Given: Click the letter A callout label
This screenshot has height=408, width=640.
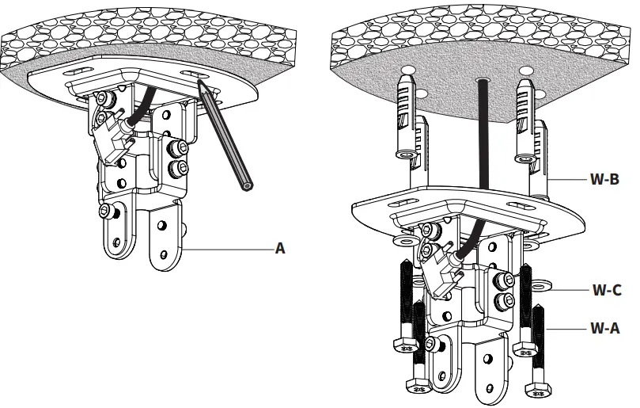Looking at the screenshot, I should pos(279,248).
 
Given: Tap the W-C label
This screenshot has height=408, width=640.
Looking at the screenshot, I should pos(606,290).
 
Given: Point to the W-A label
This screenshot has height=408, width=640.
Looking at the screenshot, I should pos(606,326).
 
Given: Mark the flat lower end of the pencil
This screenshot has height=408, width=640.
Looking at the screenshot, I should pos(248,187).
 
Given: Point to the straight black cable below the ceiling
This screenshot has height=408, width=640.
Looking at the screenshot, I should pos(480,135).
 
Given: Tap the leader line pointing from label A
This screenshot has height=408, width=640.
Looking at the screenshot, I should pos(229,248).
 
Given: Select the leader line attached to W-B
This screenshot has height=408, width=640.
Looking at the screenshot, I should pos(566,180).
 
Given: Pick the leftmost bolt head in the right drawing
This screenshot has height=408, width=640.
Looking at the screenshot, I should pos(404,346).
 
